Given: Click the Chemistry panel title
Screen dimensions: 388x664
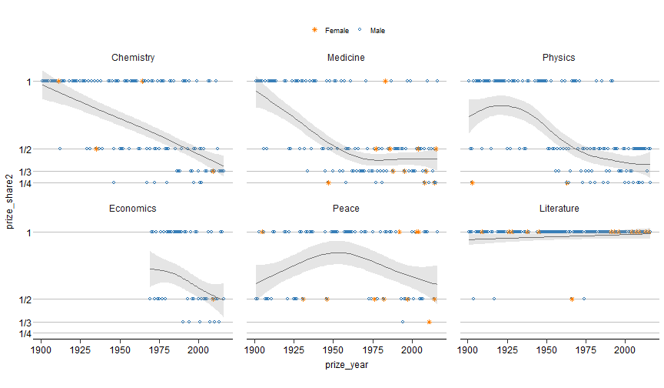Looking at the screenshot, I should (133, 58).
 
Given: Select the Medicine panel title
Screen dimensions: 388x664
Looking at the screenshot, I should (346, 58).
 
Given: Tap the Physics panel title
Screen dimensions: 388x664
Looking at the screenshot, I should (558, 58).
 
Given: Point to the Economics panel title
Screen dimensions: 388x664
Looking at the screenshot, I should (133, 208).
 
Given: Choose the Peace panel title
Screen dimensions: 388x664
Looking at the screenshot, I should (346, 208).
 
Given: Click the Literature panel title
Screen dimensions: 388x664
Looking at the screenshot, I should (558, 208).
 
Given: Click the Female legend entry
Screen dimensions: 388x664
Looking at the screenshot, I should (331, 31).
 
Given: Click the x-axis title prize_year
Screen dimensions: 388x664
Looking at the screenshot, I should (346, 365).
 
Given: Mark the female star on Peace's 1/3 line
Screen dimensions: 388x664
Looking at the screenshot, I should (429, 322).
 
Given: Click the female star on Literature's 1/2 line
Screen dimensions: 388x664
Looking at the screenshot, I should (572, 299).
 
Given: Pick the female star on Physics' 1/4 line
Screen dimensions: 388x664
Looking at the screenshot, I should (472, 182).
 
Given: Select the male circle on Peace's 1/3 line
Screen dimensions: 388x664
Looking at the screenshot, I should (402, 322).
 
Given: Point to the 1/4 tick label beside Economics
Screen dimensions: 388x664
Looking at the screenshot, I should (25, 333).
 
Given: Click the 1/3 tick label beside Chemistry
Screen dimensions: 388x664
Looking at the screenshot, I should (25, 171).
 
